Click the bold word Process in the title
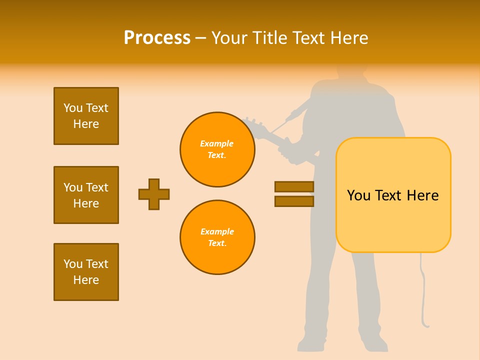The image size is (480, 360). [x=157, y=38]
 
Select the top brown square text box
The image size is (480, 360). [x=86, y=116]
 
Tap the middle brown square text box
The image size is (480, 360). [x=86, y=195]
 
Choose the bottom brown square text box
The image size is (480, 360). [x=86, y=272]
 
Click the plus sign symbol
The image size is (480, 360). [x=154, y=194]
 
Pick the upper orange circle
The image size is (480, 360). [x=217, y=149]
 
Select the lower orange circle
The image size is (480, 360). [x=217, y=237]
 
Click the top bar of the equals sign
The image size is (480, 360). [x=294, y=186]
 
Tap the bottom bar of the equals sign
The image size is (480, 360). [x=294, y=201]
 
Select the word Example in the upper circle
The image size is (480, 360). [x=217, y=143]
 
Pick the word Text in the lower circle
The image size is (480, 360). [x=216, y=243]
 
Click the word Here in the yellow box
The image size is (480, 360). [x=422, y=195]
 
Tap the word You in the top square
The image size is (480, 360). [x=73, y=108]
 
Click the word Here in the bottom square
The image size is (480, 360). [x=86, y=280]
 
